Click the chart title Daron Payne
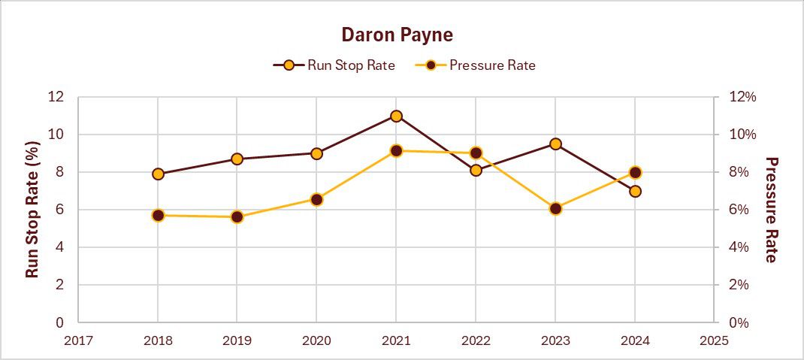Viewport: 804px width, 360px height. click(x=397, y=35)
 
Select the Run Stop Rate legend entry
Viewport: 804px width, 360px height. click(x=334, y=65)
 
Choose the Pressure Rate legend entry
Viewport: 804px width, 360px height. click(x=476, y=65)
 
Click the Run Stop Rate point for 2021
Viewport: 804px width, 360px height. click(x=396, y=116)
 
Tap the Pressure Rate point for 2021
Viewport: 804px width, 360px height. click(x=396, y=150)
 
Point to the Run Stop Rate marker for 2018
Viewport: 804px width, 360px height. click(x=158, y=174)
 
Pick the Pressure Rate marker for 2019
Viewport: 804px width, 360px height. click(x=237, y=216)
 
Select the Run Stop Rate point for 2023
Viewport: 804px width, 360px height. click(x=555, y=144)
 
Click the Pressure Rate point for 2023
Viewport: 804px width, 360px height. click(x=555, y=208)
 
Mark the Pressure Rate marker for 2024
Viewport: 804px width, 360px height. click(x=635, y=172)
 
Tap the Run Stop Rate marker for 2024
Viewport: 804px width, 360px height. click(x=635, y=191)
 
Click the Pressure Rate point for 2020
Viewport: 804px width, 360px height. click(x=316, y=199)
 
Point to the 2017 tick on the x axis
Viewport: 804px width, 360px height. click(x=78, y=340)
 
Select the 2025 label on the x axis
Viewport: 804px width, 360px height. click(x=714, y=340)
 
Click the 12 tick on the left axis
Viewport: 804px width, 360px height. click(x=56, y=97)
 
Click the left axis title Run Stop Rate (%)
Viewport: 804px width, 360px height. click(x=32, y=209)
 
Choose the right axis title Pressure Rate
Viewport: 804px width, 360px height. click(x=771, y=209)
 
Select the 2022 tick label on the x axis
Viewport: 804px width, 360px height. click(x=476, y=340)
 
